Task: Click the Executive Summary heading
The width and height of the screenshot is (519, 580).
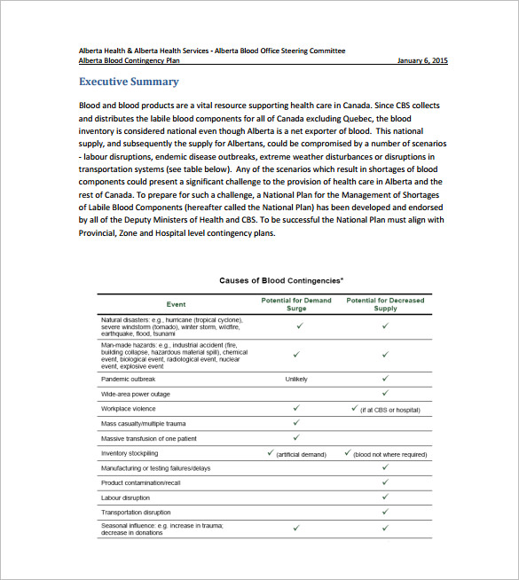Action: [x=129, y=82]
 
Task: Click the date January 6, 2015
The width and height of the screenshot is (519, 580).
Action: [x=421, y=60]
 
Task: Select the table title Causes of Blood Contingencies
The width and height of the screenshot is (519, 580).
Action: [x=282, y=280]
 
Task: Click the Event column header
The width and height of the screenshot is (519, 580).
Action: [x=176, y=303]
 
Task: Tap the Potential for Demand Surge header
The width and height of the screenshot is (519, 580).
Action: [x=296, y=303]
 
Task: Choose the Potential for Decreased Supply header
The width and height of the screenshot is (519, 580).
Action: [x=385, y=303]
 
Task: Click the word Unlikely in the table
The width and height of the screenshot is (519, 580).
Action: [x=296, y=379]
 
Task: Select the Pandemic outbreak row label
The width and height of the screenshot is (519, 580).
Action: [x=130, y=379]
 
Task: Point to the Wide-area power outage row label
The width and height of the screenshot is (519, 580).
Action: [x=136, y=394]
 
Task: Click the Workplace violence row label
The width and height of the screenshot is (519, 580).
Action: [x=129, y=409]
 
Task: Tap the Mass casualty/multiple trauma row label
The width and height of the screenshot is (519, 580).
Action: [x=143, y=423]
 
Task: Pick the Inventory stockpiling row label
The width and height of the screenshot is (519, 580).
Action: [x=130, y=453]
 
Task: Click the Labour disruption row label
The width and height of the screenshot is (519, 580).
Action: [x=125, y=498]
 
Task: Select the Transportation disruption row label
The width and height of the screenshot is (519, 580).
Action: [x=136, y=513]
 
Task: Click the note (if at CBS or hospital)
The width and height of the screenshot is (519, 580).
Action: [x=389, y=409]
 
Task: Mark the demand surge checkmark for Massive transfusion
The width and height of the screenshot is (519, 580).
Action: [x=296, y=437]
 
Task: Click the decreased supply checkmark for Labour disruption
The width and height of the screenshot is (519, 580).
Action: [x=385, y=497]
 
